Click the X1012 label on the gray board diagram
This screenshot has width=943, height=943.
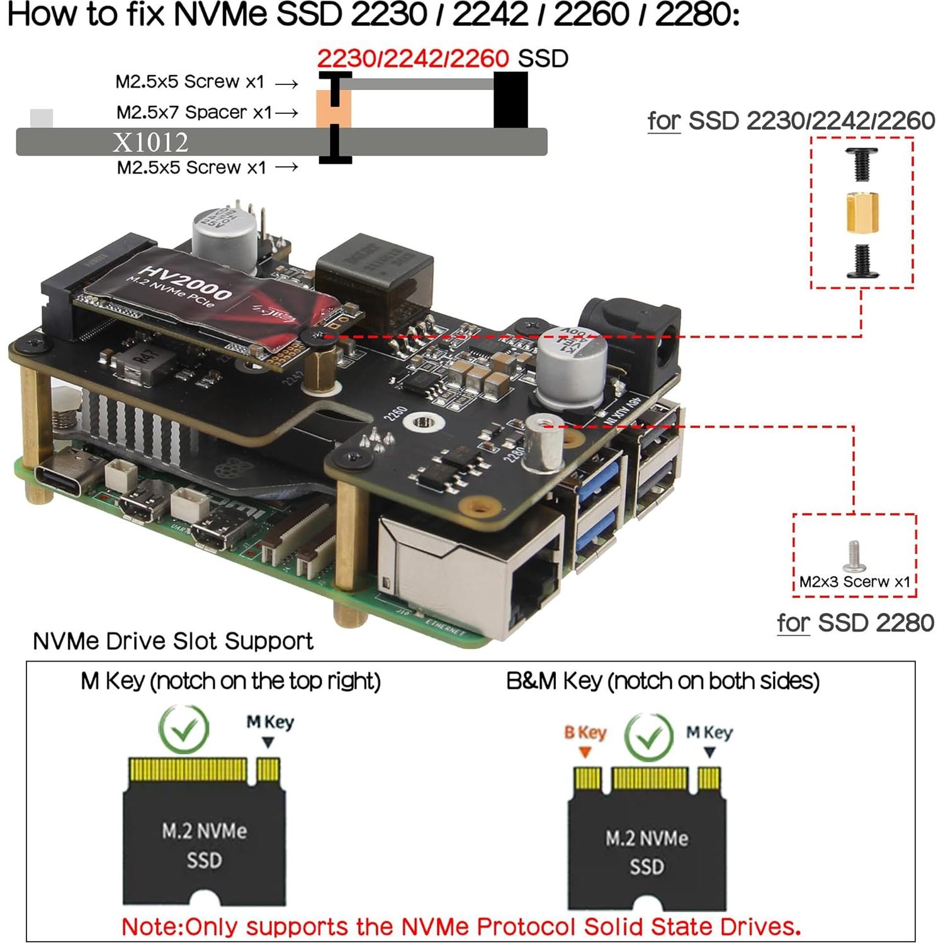(150, 142)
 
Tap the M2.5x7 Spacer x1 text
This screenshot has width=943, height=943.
(194, 113)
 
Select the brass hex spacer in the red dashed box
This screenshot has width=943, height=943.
(862, 213)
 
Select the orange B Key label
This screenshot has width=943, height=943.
(585, 732)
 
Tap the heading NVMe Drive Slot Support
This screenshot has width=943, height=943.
(172, 641)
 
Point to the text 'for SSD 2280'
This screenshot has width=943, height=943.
(855, 623)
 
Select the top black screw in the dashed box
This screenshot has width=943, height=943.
(861, 163)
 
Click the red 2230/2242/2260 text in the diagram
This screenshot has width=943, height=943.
(412, 59)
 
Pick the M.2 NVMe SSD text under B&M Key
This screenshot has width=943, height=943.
(647, 852)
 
